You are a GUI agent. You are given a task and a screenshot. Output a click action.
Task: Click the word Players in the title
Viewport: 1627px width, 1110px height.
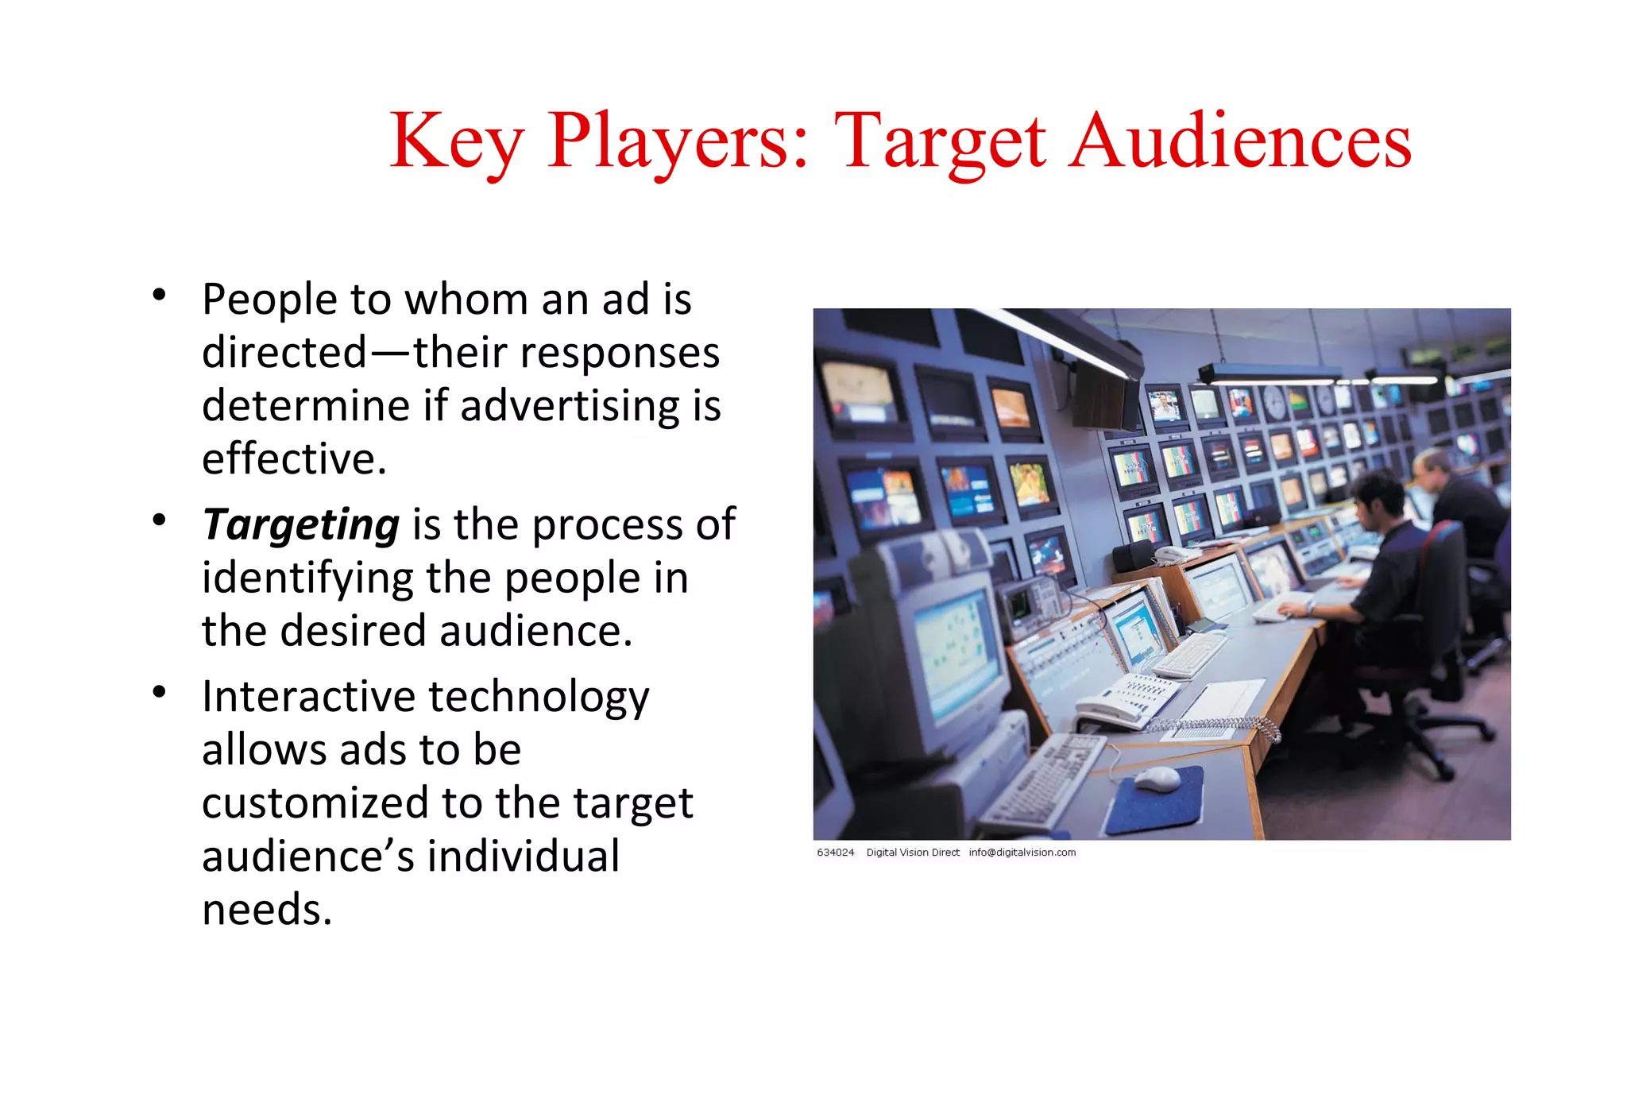point(677,141)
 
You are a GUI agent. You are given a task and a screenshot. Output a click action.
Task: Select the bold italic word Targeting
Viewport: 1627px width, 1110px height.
point(300,524)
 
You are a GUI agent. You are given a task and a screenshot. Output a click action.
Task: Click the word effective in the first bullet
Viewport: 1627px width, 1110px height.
point(293,458)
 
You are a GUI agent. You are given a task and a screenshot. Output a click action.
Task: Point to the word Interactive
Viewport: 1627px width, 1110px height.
point(308,697)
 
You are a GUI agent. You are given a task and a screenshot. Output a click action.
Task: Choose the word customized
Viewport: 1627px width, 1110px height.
point(315,803)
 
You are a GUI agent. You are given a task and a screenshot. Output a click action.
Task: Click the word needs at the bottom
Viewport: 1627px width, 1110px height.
point(266,909)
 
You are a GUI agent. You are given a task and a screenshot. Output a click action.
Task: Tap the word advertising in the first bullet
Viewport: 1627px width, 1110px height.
point(569,406)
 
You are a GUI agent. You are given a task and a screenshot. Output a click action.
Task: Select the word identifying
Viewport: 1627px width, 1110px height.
point(307,578)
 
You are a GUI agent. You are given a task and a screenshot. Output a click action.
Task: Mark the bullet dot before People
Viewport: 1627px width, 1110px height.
point(159,295)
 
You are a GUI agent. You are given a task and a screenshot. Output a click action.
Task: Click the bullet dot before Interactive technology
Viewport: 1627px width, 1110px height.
point(159,692)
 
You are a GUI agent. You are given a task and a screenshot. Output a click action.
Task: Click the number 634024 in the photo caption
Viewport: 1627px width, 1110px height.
point(835,853)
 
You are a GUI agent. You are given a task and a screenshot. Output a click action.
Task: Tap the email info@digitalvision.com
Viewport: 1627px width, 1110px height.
point(1022,853)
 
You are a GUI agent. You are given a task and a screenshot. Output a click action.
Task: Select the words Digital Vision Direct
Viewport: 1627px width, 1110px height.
point(912,853)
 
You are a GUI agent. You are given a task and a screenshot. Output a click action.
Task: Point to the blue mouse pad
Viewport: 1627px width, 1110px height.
point(1156,799)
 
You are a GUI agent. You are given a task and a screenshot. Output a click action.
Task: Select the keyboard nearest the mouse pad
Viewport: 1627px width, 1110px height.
point(1041,783)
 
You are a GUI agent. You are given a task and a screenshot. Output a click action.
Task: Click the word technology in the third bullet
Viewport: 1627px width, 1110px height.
point(539,697)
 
